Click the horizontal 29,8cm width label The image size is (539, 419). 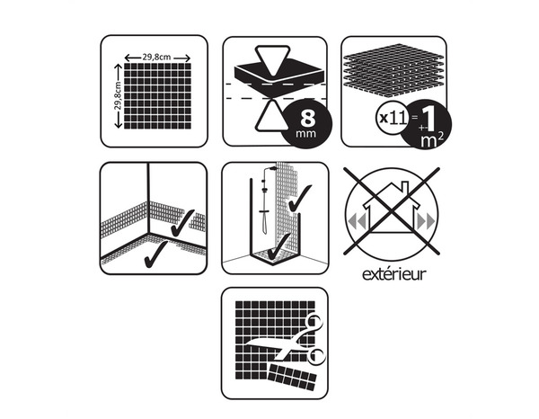tap(156, 58)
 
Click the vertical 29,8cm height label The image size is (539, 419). tap(118, 96)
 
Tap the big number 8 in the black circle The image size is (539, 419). tap(307, 119)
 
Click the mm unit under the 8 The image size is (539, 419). tap(305, 133)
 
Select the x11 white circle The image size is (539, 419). tap(392, 119)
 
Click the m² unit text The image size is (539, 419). tap(432, 140)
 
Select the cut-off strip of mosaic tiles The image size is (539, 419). tap(292, 377)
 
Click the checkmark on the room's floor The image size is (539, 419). tap(155, 254)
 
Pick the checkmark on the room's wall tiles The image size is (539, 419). tap(182, 223)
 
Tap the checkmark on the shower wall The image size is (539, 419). tap(300, 198)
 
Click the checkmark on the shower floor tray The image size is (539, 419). tap(279, 246)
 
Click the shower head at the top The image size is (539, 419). tap(272, 168)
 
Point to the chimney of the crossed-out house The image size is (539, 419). tap(405, 188)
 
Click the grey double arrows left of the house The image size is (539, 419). tap(356, 221)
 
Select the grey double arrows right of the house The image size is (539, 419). tap(426, 221)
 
